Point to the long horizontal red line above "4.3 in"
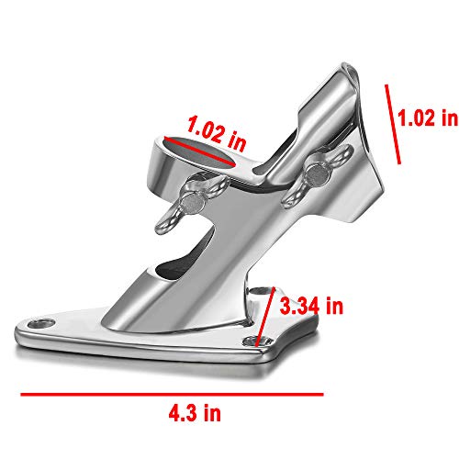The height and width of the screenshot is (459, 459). click(173, 394)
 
